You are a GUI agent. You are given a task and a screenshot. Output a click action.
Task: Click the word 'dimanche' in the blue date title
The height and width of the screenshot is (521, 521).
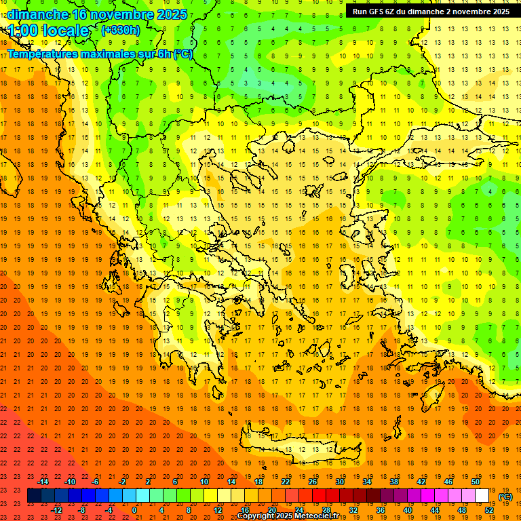(x=37, y=14)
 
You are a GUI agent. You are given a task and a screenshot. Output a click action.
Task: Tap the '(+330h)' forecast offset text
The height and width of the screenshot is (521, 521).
(x=121, y=30)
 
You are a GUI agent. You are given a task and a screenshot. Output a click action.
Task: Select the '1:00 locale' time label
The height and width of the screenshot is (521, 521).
(x=49, y=31)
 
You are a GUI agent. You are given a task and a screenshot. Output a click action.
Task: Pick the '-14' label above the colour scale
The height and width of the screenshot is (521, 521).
(x=43, y=482)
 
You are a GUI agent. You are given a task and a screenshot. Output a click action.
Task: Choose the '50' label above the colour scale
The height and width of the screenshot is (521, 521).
(x=476, y=482)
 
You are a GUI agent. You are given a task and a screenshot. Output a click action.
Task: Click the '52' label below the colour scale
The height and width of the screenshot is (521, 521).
(x=489, y=510)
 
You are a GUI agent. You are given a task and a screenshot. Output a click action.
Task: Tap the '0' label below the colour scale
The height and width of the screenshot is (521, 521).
(x=134, y=510)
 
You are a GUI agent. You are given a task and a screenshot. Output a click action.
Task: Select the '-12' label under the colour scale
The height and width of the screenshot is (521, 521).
(x=57, y=510)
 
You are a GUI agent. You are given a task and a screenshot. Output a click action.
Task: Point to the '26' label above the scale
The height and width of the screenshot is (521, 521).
(x=313, y=482)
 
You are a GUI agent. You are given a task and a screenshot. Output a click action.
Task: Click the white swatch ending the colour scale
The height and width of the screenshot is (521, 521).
(x=482, y=496)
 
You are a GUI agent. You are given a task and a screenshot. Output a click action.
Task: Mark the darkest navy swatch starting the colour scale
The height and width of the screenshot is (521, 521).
(x=34, y=496)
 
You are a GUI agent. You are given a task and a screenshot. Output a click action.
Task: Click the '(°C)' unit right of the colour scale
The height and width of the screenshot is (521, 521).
(x=505, y=497)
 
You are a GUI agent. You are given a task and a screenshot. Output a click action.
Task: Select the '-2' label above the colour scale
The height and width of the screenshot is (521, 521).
(x=123, y=482)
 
